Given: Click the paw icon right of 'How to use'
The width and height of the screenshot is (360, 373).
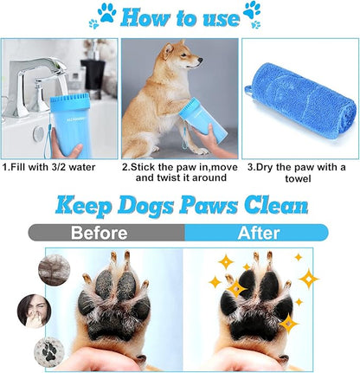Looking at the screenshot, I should coord(252,12).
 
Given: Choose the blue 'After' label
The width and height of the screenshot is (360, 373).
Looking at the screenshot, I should coord(257,233).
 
